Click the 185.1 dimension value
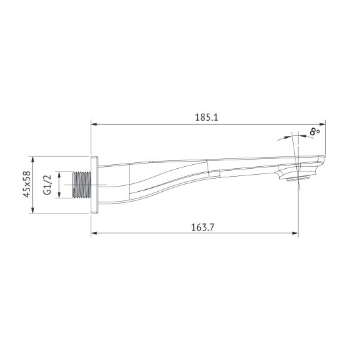pyautogui.click(x=206, y=117)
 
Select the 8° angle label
pyautogui.click(x=315, y=131)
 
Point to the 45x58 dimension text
pyautogui.click(x=27, y=185)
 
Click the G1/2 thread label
pyautogui.click(x=47, y=185)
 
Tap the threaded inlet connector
pyautogui.click(x=81, y=185)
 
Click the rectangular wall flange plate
pyautogui.click(x=95, y=185)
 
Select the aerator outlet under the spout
pyautogui.click(x=299, y=177)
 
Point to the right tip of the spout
pyautogui.click(x=323, y=160)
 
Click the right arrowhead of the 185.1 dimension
pyautogui.click(x=323, y=124)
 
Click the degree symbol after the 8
pyautogui.click(x=319, y=129)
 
